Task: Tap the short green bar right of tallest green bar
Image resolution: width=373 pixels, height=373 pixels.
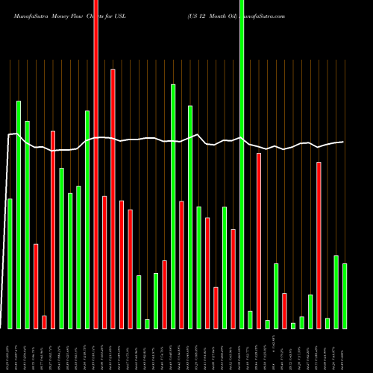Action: pos(250,319)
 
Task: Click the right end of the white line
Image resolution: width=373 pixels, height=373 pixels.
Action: pos(343,142)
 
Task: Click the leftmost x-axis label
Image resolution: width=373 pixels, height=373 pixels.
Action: pos(10,351)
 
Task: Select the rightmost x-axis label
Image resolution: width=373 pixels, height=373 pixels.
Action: pos(345,351)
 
